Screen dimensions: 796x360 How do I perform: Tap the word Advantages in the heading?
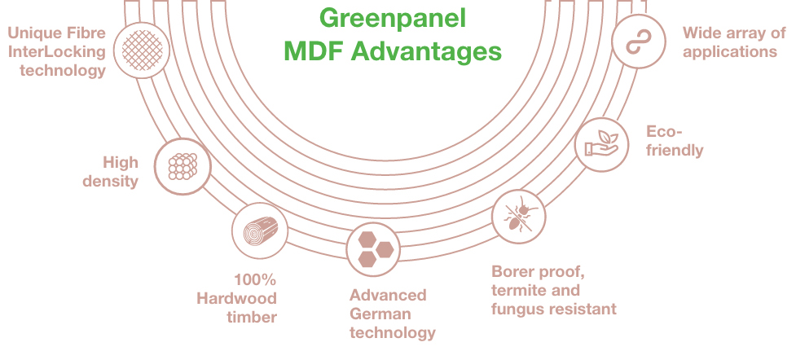(426, 52)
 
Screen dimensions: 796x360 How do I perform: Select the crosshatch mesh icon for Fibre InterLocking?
(142, 50)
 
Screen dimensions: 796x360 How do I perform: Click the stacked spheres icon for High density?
(183, 166)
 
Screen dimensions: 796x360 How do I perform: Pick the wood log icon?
(261, 230)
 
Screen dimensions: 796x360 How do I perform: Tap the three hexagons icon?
(375, 250)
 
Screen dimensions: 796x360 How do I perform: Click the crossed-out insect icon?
(519, 217)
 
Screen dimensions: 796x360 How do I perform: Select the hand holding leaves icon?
(601, 144)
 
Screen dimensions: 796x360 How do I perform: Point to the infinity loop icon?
(639, 42)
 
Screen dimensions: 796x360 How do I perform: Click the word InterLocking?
(57, 52)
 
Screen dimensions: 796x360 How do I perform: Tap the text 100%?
(255, 279)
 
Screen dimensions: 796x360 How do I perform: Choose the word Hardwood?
(236, 298)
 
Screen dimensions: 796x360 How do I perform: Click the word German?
(380, 314)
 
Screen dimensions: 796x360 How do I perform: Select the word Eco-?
(664, 132)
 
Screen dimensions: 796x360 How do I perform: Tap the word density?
(111, 182)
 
